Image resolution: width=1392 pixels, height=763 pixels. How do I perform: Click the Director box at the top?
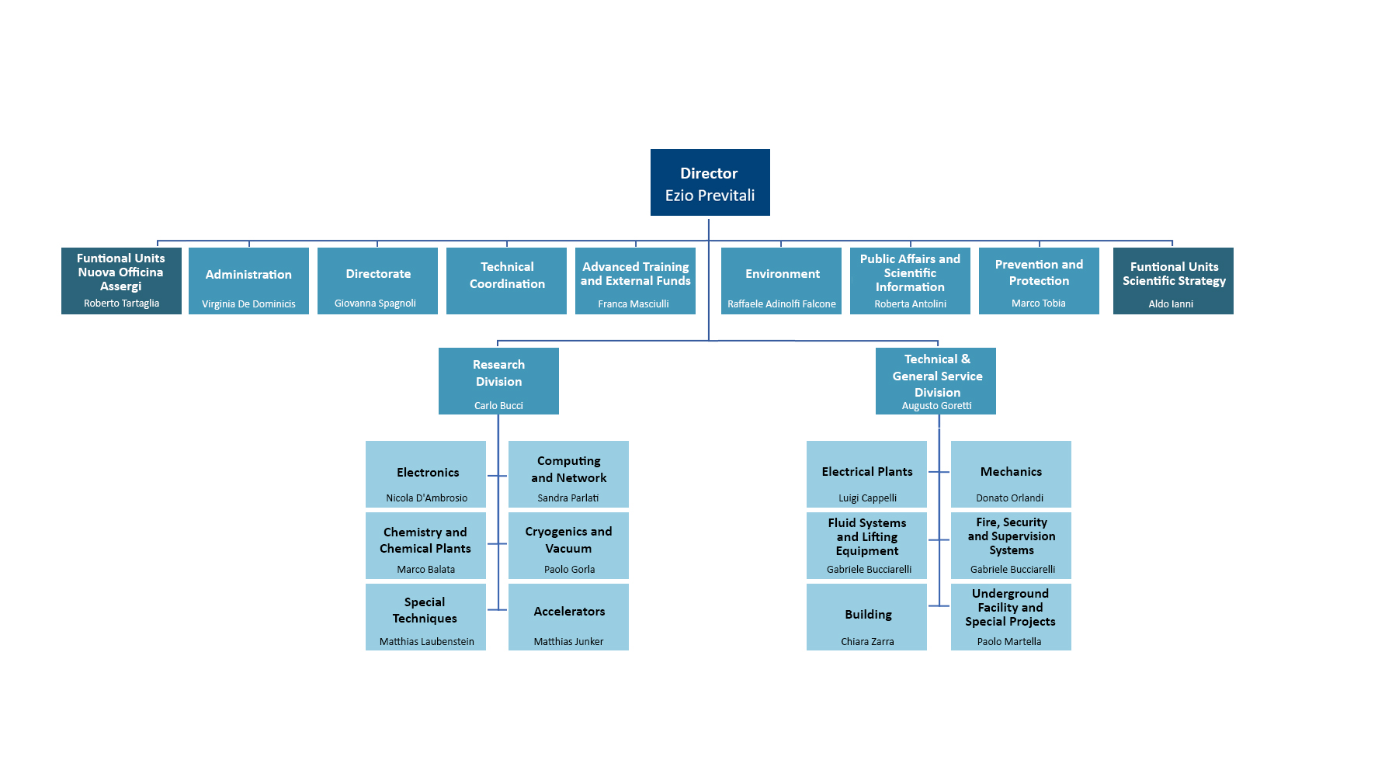[x=710, y=182]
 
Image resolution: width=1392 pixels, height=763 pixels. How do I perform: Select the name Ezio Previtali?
[x=710, y=196]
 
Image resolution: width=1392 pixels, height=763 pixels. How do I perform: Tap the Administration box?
[x=248, y=281]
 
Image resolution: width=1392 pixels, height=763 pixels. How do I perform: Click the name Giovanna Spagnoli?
[x=375, y=303]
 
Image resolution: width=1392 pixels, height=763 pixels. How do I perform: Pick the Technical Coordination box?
[x=506, y=281]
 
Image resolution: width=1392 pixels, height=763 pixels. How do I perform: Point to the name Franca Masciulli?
[x=634, y=304]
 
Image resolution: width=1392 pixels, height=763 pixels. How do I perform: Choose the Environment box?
[x=781, y=281]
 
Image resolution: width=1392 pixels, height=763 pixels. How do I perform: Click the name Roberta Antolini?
[x=911, y=304]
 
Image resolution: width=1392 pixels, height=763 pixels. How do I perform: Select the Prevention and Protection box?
[x=1039, y=281]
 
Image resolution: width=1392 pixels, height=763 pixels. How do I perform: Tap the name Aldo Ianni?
[x=1171, y=304]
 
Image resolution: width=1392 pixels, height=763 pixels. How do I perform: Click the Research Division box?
[x=498, y=381]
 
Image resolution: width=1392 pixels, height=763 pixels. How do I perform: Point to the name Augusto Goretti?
[x=937, y=406]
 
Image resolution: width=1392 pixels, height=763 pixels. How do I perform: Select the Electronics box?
[x=425, y=474]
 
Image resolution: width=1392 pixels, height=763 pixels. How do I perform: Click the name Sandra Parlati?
[x=568, y=498]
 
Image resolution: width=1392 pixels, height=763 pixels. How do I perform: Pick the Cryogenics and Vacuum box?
[x=568, y=546]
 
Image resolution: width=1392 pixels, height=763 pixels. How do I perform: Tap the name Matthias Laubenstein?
[x=427, y=642]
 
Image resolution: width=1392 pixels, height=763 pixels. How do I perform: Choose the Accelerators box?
[x=568, y=617]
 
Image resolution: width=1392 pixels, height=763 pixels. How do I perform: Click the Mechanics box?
[x=1011, y=474]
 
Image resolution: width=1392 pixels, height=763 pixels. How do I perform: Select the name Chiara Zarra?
[x=867, y=642]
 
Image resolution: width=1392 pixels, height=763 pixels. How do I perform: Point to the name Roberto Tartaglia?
[x=121, y=303]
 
